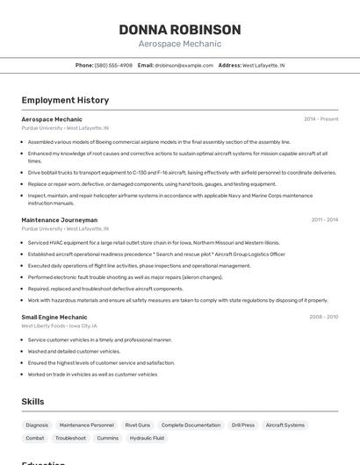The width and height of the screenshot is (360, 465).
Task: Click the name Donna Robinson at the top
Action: coord(180,30)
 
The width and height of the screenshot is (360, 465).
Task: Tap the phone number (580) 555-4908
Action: coord(113,65)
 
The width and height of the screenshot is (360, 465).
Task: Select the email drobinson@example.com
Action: coord(184,65)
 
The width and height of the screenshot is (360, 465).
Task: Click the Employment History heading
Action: coord(65,100)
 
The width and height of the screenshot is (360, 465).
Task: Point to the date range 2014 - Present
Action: coord(320,118)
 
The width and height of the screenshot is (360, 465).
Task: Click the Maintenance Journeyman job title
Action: coord(60,219)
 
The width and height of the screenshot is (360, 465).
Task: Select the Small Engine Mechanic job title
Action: coord(54,317)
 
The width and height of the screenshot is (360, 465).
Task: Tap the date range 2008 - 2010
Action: coord(323,317)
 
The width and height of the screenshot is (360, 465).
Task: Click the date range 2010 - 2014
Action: coord(324,219)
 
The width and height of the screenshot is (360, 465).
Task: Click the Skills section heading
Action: coord(32,401)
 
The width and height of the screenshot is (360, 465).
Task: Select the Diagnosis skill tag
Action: coord(38,425)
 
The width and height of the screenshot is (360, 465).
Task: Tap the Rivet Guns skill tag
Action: coord(138,425)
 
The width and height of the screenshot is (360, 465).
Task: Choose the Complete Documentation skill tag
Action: coord(191,425)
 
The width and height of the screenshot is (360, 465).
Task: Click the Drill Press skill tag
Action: coord(243,425)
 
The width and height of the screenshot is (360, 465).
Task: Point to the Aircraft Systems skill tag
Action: coord(285,425)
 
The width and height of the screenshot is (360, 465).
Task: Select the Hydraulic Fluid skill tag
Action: coord(147,438)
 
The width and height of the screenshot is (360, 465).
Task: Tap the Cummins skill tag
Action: coord(108,438)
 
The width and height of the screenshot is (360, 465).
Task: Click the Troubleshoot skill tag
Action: coord(70,438)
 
